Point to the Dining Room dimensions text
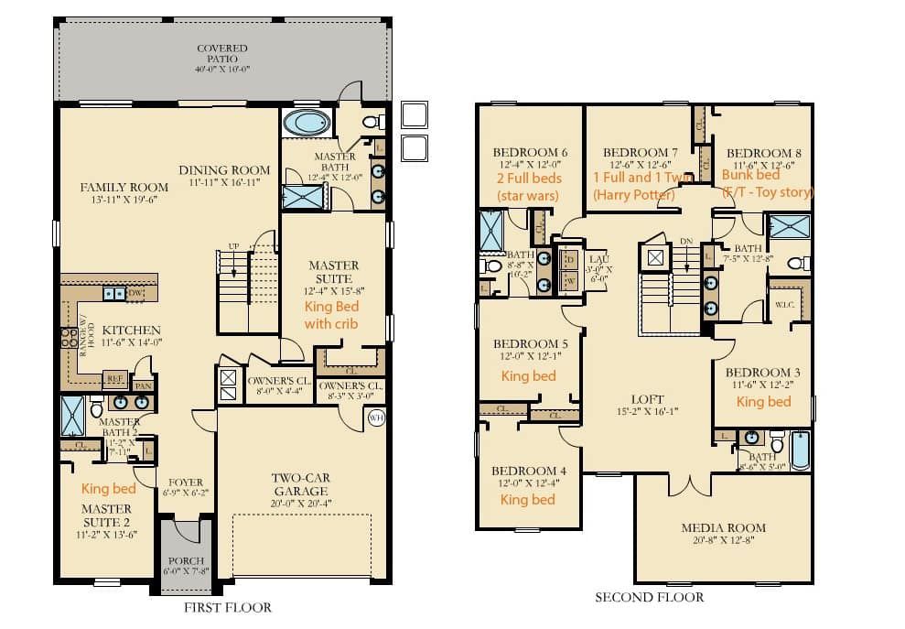tap(224, 183)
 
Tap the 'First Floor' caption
tap(227, 607)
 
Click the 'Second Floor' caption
tap(650, 597)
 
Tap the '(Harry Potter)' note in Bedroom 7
tap(633, 195)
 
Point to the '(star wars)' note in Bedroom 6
tap(527, 196)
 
